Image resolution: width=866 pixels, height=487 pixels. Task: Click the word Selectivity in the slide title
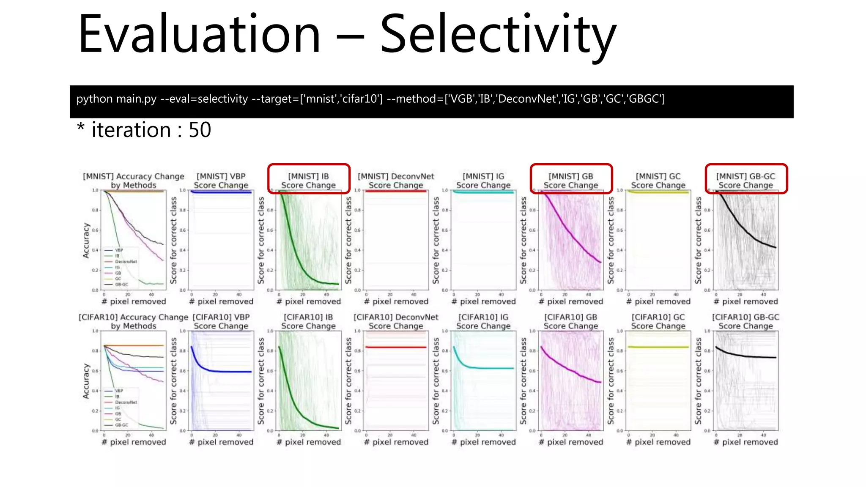coord(498,35)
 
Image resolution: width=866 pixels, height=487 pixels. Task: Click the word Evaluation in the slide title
coord(199,35)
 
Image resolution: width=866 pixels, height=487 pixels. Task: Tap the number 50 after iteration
coord(200,130)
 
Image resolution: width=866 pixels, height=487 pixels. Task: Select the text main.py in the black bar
coord(136,99)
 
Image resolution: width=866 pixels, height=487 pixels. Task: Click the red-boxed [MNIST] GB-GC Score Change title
coord(745,181)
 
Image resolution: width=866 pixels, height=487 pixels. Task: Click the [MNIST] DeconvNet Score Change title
coord(396,181)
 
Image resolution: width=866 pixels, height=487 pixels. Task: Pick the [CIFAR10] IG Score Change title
coord(483,321)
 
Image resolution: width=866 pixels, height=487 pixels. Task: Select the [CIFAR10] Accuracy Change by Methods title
coord(133,321)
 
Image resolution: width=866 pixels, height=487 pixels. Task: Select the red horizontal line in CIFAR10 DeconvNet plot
coord(396,347)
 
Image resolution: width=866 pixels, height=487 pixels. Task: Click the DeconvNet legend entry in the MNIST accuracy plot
coord(126,262)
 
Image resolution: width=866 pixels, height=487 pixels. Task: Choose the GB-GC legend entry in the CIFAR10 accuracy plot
coord(121,425)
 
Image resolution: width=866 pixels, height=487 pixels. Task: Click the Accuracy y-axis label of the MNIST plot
coord(86,240)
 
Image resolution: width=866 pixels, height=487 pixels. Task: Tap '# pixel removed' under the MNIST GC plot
coord(658,301)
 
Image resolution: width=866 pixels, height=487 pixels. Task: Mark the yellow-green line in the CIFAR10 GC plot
coord(658,347)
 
